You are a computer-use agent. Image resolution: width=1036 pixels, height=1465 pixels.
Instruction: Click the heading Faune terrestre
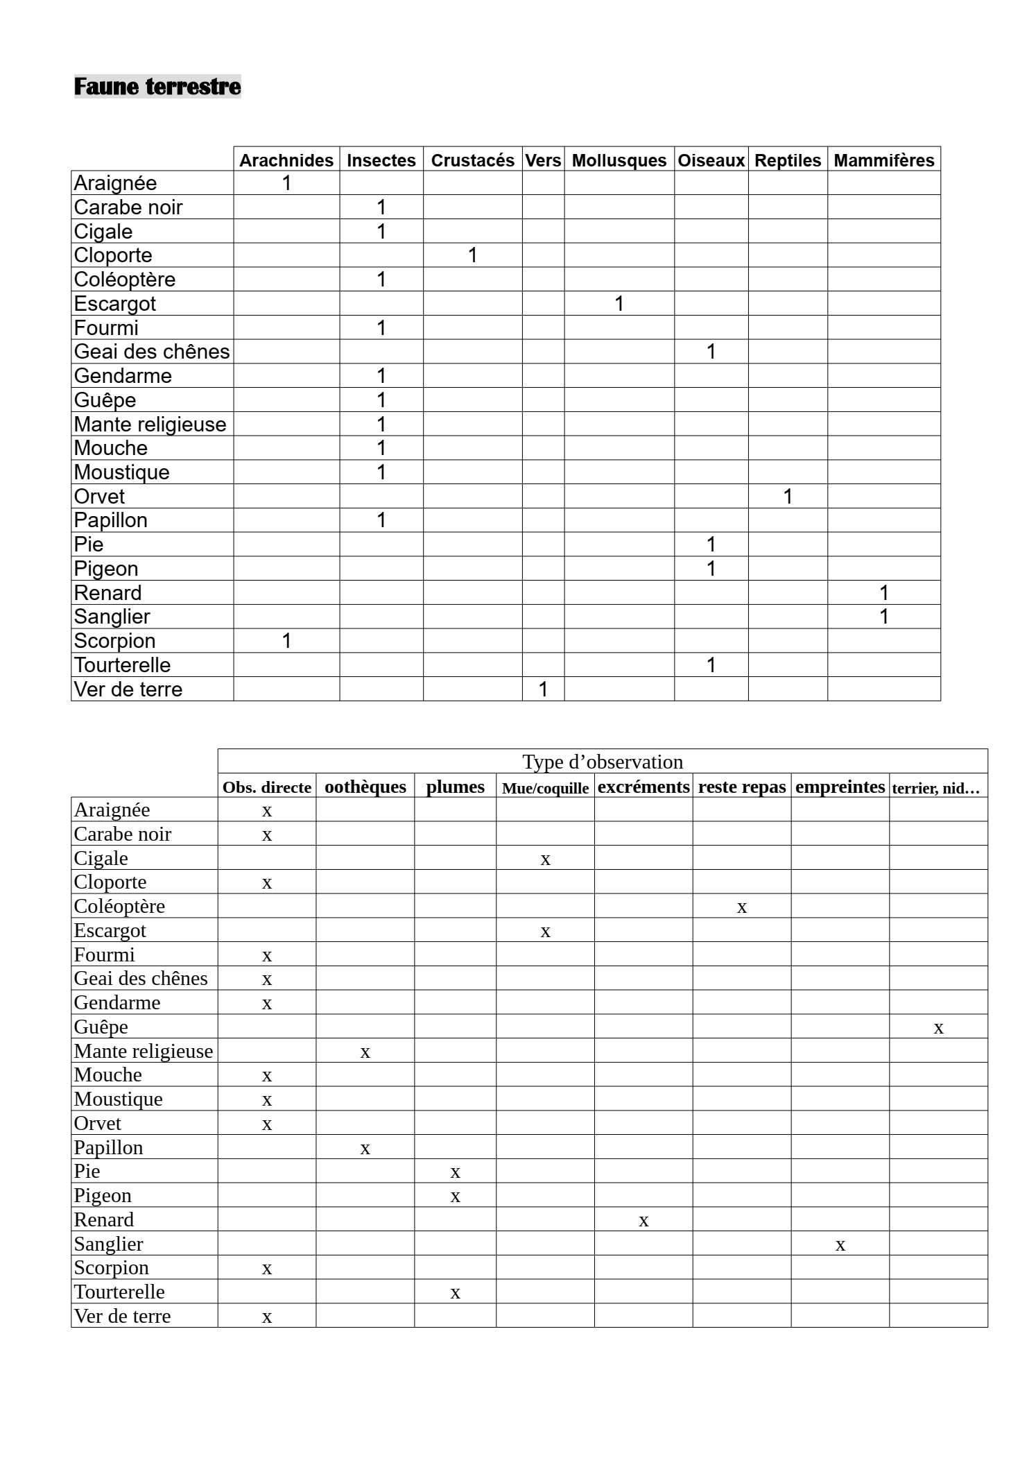157,87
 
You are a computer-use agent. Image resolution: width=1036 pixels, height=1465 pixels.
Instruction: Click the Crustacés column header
472,160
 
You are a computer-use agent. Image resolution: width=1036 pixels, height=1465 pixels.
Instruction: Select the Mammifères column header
883,160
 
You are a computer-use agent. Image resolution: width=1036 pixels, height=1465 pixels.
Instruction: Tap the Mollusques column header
619,160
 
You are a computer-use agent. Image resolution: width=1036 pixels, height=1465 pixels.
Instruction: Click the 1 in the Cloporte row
472,255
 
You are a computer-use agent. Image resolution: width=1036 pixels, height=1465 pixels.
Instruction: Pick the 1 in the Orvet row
788,497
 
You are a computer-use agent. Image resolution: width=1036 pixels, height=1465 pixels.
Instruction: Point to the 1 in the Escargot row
619,304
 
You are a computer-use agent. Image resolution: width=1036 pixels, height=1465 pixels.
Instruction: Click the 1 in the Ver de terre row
543,689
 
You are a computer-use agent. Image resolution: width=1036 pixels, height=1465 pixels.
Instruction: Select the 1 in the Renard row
883,593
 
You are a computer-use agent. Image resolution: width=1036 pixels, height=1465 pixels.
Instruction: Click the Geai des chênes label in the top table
152,352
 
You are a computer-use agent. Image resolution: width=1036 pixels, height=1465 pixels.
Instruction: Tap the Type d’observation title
603,762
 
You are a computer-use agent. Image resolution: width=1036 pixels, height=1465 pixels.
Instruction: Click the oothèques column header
365,787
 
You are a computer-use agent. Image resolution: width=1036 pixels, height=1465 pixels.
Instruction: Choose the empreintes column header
840,787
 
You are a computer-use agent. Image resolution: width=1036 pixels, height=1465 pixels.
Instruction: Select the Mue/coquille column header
545,788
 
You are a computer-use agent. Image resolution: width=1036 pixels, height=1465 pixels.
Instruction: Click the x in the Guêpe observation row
938,1028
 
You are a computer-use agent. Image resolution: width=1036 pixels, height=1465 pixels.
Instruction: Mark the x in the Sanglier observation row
840,1245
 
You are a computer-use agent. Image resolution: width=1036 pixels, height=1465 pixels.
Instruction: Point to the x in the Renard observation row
644,1221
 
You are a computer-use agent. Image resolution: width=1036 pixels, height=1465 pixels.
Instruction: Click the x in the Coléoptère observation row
741,907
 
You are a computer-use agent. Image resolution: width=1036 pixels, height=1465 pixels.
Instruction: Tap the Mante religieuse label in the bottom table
144,1051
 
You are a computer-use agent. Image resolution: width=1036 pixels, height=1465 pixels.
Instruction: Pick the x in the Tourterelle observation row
455,1293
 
